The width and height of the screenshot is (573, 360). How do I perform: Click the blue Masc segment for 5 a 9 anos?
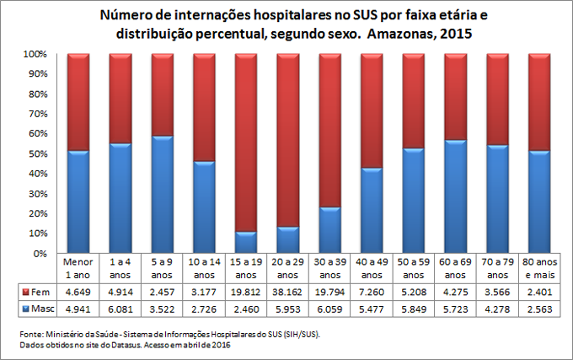[x=162, y=195]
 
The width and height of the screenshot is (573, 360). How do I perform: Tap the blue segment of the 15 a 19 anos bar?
[x=245, y=243]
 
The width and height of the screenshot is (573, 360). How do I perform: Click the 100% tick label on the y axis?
[x=41, y=54]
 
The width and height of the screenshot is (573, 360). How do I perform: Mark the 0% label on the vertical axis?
[x=46, y=253]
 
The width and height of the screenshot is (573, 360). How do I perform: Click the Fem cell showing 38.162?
[x=287, y=292]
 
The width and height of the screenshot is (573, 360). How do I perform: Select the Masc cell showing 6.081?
[x=120, y=309]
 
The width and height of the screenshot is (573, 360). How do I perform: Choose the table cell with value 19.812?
[x=245, y=292]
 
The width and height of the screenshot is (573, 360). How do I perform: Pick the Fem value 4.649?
[x=78, y=292]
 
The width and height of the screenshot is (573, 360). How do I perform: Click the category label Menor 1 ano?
[x=78, y=269]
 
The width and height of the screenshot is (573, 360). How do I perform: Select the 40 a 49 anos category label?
[x=371, y=269]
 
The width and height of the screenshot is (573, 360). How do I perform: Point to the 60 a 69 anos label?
[x=455, y=269]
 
